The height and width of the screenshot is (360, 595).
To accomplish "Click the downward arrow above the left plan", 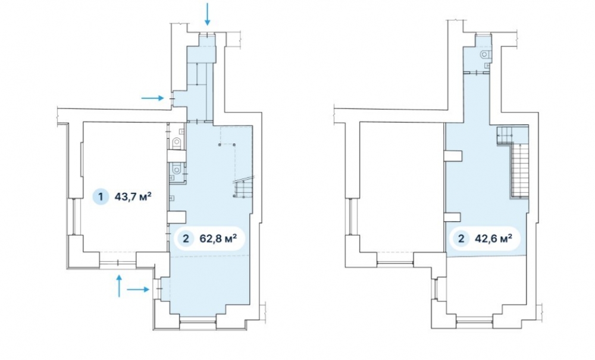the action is pyautogui.click(x=207, y=14).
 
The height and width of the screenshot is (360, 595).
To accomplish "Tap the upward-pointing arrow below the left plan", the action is pyautogui.click(x=119, y=286).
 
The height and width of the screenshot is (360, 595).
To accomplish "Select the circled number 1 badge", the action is pyautogui.click(x=101, y=197).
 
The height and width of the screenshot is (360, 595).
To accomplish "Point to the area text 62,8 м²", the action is pyautogui.click(x=218, y=239).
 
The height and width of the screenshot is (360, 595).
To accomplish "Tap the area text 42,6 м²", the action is pyautogui.click(x=493, y=239).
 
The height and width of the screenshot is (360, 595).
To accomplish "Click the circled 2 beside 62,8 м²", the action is pyautogui.click(x=186, y=239).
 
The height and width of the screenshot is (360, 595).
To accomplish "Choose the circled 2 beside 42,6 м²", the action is pyautogui.click(x=461, y=239).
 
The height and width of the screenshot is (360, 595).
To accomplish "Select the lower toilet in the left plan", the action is pyautogui.click(x=177, y=168).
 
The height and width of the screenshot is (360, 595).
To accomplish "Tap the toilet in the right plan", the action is pyautogui.click(x=485, y=54).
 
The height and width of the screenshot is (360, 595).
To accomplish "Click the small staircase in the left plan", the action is pyautogui.click(x=243, y=188).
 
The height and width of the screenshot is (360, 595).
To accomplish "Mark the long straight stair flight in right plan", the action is pyautogui.click(x=520, y=171).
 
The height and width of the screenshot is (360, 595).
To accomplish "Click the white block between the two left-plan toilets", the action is pyautogui.click(x=177, y=155).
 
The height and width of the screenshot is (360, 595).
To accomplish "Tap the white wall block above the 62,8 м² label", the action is pyautogui.click(x=177, y=217).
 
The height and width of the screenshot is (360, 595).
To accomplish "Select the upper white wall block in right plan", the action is pyautogui.click(x=453, y=155).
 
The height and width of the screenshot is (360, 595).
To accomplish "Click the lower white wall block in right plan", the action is pyautogui.click(x=453, y=217).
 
